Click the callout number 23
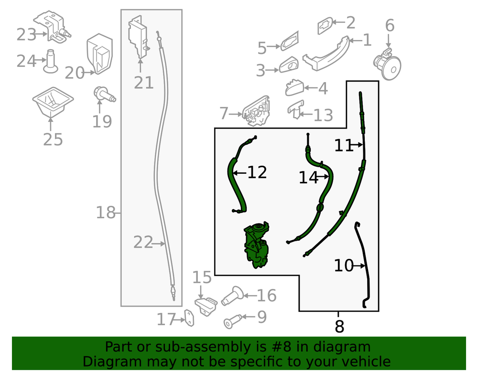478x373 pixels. pyautogui.click(x=26, y=34)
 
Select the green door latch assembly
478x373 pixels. pyautogui.click(x=256, y=245)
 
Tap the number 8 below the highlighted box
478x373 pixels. pyautogui.click(x=339, y=326)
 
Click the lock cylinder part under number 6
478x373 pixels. pyautogui.click(x=387, y=64)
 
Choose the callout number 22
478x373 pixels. pyautogui.click(x=142, y=243)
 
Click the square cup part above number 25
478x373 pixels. pyautogui.click(x=53, y=102)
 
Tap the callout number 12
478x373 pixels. pyautogui.click(x=257, y=172)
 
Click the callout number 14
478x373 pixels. pyautogui.click(x=308, y=178)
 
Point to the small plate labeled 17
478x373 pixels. pyautogui.click(x=190, y=318)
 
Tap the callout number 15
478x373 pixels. pyautogui.click(x=202, y=277)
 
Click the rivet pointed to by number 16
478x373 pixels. pyautogui.click(x=232, y=295)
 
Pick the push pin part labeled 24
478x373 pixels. pyautogui.click(x=50, y=61)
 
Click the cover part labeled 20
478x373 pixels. pyautogui.click(x=100, y=53)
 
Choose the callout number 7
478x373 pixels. pyautogui.click(x=224, y=113)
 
